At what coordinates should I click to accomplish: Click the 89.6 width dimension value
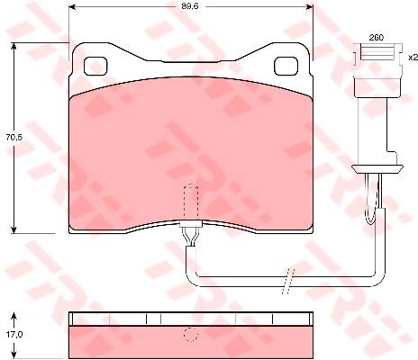pos(189,6)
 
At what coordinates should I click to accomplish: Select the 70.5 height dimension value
pos(14,137)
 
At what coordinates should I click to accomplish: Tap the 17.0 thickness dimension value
pos(14,334)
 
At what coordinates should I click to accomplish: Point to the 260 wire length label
pos(377,38)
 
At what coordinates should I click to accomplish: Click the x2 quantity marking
pos(413,57)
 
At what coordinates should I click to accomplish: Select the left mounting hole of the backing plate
pos(95,66)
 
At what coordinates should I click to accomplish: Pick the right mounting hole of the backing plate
pos(286,66)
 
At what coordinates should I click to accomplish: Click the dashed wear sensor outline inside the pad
pos(191,202)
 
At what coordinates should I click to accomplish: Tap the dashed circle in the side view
pos(191,334)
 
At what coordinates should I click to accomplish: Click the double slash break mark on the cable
pos(288,281)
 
